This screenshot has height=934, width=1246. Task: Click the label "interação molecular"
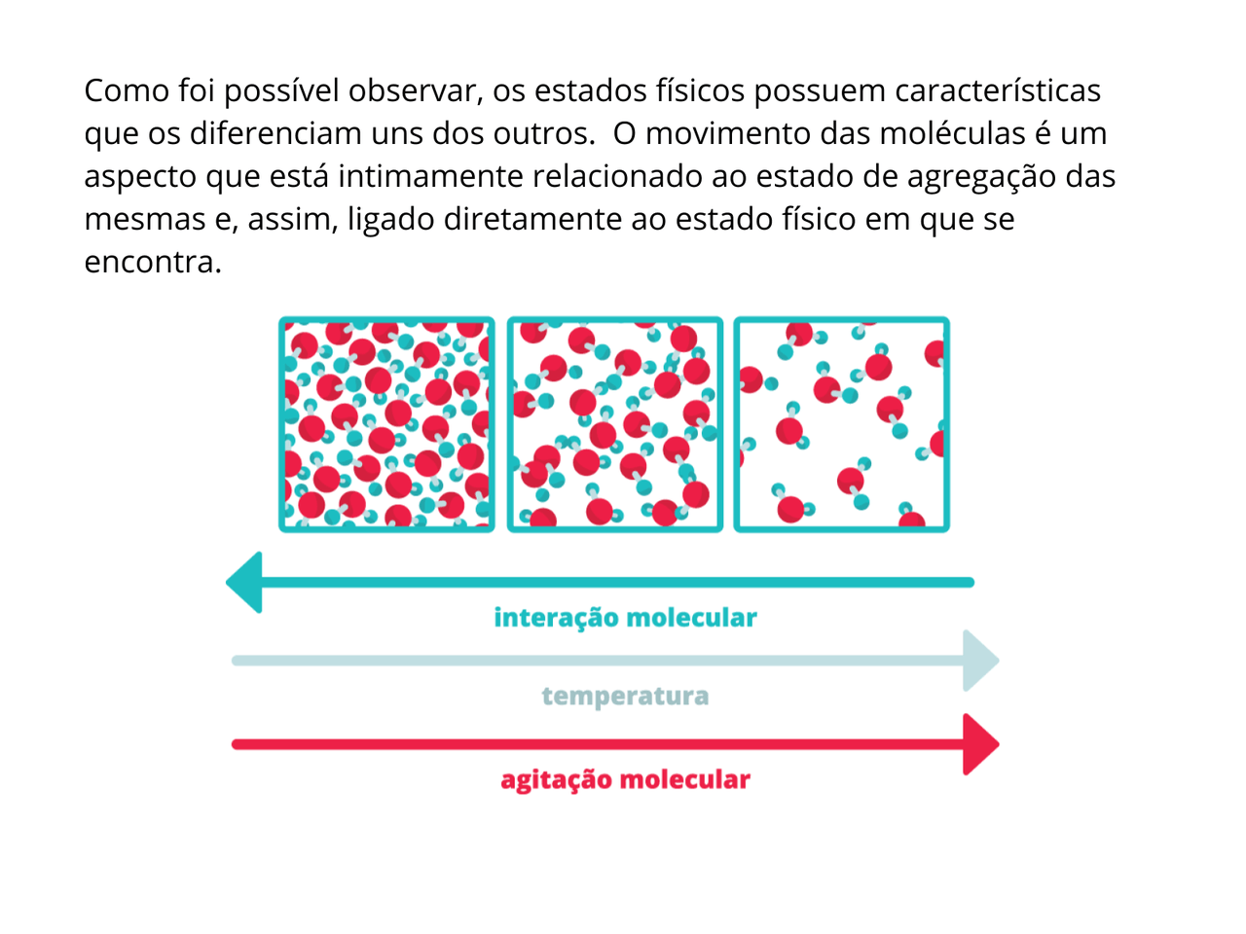coord(625,618)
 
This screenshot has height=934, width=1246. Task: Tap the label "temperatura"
coord(625,697)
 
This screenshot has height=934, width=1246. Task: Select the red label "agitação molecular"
coord(625,780)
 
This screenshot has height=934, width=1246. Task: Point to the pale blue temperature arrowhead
coord(980,661)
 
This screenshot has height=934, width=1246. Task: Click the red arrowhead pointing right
coord(980,744)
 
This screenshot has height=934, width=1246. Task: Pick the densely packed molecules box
coord(386,424)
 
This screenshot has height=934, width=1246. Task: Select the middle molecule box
coord(614,424)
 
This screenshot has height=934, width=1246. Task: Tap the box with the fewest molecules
coord(841,424)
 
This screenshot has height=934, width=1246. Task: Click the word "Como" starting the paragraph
coord(127,90)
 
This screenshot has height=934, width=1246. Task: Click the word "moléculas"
coord(923,133)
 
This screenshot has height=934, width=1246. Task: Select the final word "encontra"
coord(152,262)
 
